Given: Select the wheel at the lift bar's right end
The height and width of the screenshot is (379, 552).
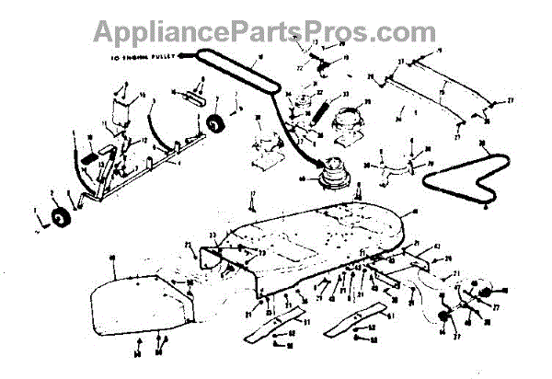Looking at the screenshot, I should [218, 123].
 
